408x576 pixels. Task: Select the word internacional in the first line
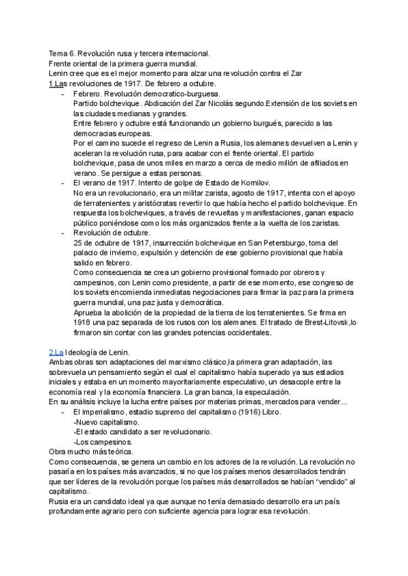pyautogui.click(x=187, y=53)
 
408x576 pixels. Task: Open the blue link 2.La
pyautogui.click(x=56, y=353)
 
